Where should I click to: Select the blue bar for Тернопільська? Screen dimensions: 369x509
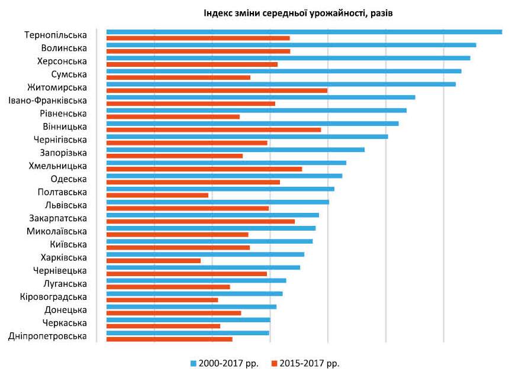[x=304, y=32]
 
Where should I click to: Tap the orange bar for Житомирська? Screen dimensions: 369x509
[x=217, y=90]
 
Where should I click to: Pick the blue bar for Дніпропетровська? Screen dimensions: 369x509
[x=188, y=332]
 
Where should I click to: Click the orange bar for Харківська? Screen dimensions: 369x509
[x=153, y=260]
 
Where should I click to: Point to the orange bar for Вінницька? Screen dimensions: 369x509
[x=214, y=130]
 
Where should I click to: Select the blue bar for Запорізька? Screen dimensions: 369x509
[x=236, y=150]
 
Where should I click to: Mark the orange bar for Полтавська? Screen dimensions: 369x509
[x=157, y=195]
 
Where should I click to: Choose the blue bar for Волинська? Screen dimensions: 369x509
[x=291, y=45]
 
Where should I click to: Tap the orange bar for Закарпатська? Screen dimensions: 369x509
[x=201, y=221]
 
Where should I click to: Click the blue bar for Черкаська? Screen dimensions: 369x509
[x=188, y=319]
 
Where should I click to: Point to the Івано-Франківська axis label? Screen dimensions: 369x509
[x=48, y=101]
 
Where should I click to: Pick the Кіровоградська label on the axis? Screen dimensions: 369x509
[x=53, y=297]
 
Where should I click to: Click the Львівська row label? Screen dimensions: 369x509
[x=66, y=205]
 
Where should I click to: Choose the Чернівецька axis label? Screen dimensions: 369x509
[x=60, y=271]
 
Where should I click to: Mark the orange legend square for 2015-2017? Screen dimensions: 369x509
[x=275, y=362]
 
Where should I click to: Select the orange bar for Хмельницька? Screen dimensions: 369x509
[x=204, y=169]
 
